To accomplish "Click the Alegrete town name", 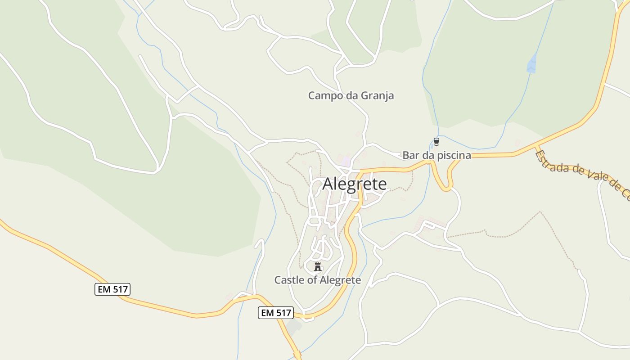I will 355,184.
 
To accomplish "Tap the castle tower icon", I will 318,266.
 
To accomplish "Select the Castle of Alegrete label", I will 318,280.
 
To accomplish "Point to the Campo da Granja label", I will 351,95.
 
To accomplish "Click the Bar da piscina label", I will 436,155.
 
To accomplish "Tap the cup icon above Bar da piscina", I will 436,142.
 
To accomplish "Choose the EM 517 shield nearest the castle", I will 276,313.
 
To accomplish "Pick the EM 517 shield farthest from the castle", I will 112,289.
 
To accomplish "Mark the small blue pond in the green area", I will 532,64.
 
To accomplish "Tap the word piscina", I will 454,156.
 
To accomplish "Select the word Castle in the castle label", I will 288,280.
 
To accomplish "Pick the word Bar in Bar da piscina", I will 409,155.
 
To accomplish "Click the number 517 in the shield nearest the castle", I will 282,313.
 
